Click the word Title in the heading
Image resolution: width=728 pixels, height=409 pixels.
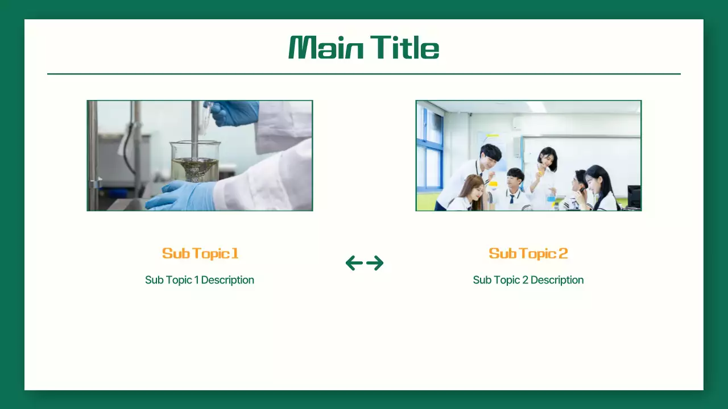404,48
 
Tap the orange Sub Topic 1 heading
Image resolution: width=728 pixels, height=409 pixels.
200,253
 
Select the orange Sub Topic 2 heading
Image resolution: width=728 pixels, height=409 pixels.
528,253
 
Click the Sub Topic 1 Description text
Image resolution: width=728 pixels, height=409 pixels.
200,280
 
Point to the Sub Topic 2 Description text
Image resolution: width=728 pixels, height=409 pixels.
528,280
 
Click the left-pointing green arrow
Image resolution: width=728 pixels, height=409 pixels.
354,263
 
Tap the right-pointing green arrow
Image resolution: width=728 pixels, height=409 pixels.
375,263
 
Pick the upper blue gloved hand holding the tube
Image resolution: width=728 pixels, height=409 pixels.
234,112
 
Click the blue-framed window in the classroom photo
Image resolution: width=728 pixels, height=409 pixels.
430,151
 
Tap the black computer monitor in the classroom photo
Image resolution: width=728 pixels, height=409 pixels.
634,196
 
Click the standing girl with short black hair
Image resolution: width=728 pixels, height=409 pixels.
547,156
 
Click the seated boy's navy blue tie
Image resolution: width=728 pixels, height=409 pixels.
512,199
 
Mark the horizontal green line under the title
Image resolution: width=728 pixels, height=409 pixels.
364,74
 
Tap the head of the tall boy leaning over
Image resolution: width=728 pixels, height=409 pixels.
489,153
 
